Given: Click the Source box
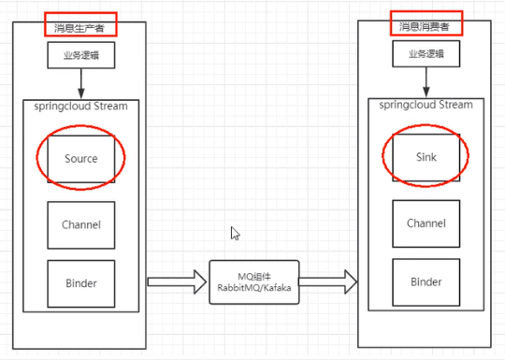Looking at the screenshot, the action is coord(81,159).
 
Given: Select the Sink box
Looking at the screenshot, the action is coord(426,157).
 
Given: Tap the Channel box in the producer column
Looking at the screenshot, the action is coord(81,225).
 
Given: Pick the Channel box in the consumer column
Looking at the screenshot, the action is coord(426,223).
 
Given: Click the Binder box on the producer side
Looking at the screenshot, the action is coord(81,283).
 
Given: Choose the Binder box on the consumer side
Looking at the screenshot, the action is coord(426,282).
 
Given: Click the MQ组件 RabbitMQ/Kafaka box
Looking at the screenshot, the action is coord(254,282).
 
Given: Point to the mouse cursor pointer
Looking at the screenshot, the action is coord(235,233).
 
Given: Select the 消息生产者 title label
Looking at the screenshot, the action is coord(79,28).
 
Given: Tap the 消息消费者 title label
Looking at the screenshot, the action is coord(425,27).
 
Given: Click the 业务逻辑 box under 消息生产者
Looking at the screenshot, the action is coord(81,55).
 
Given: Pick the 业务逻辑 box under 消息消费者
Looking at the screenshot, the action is coord(426,54).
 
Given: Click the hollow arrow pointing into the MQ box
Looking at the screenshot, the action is coord(177,282).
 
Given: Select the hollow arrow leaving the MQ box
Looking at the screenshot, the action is coord(328,281).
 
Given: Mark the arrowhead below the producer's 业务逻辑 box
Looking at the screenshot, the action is coord(81,94).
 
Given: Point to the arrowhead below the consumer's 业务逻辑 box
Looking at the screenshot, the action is coord(426,92).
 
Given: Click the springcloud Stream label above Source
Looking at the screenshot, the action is coord(80,107).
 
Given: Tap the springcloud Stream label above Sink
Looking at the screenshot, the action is coord(426,105).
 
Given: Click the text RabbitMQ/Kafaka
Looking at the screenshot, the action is coord(254,288).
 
